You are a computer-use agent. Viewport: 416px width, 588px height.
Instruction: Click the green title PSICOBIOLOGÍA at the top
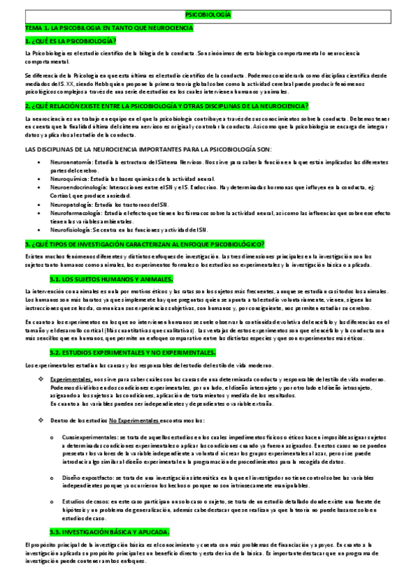click(208, 15)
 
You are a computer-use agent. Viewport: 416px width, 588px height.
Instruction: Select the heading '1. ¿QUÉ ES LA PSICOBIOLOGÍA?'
click(69, 41)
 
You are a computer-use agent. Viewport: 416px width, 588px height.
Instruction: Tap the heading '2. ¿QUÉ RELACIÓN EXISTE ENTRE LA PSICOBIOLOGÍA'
click(166, 105)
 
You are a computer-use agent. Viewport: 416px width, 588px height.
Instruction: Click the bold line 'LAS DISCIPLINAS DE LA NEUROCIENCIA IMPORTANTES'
click(148, 149)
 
